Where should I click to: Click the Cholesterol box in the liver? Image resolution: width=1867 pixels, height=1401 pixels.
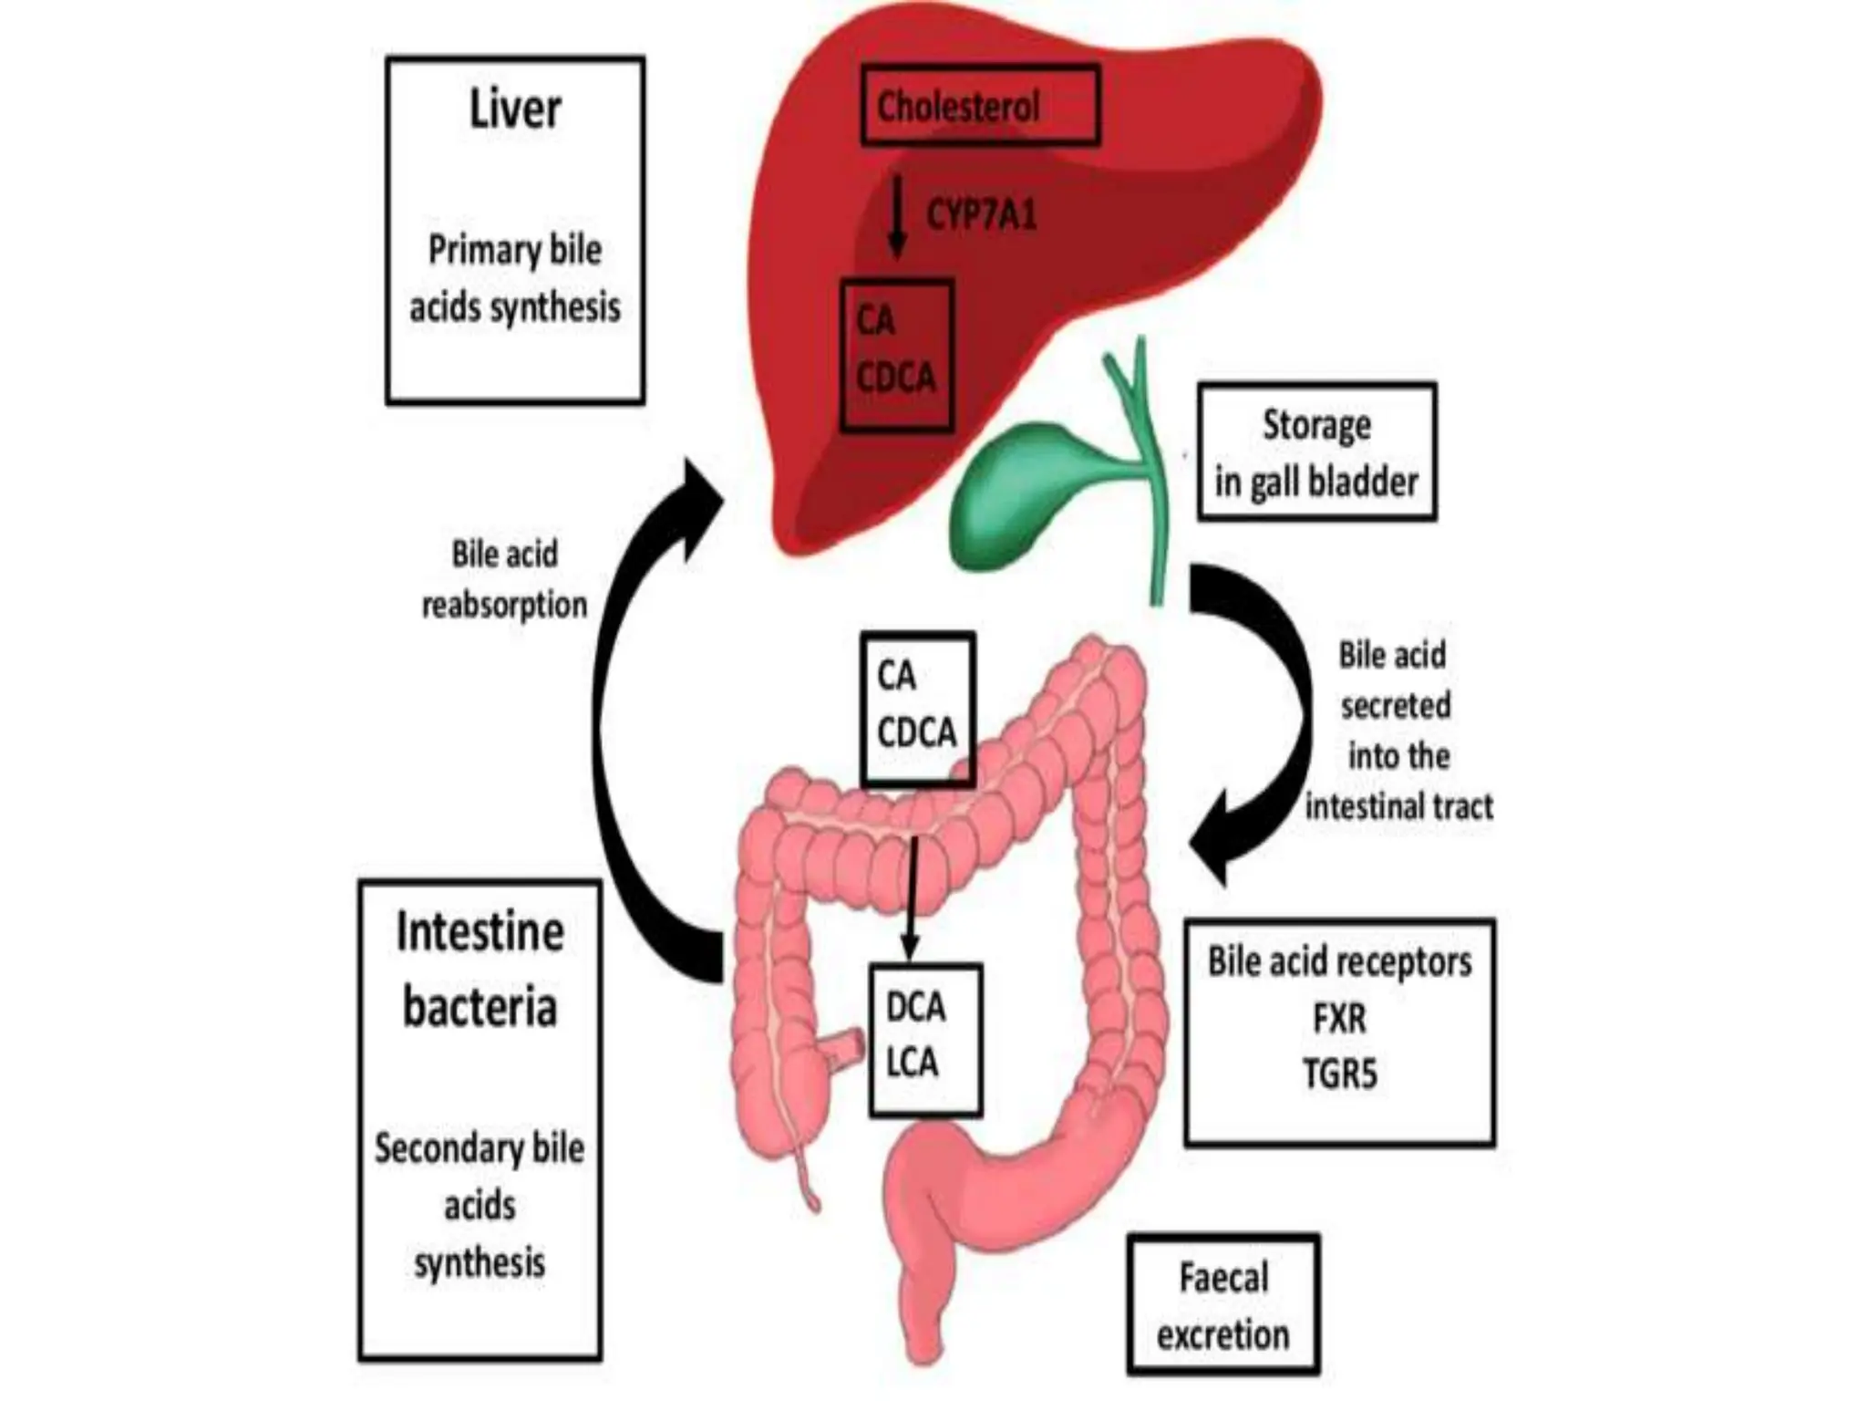pos(980,106)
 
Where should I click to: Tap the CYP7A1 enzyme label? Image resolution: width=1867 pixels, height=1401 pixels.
pos(982,215)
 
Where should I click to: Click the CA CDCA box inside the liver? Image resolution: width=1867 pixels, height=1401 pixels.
pos(896,354)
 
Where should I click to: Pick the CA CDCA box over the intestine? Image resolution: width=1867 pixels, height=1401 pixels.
pos(918,708)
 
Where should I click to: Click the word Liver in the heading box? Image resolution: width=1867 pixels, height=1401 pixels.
pos(515,109)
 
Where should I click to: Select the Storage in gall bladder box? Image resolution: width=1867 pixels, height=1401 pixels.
pos(1316,452)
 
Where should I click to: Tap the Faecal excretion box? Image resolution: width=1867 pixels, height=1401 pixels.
pos(1222,1304)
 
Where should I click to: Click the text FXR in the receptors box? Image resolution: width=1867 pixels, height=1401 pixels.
pos(1339,1018)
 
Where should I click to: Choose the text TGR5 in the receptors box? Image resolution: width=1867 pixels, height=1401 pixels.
pos(1339,1074)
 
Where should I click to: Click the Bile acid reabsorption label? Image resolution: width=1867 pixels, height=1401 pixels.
pos(504,579)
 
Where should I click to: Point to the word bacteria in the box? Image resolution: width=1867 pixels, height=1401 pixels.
pos(480,1007)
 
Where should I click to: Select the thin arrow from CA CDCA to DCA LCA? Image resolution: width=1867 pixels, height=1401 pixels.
pos(911,898)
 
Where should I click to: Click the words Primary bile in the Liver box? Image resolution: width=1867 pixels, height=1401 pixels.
pos(515,250)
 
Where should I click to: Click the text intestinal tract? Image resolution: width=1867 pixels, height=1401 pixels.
pos(1398,806)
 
